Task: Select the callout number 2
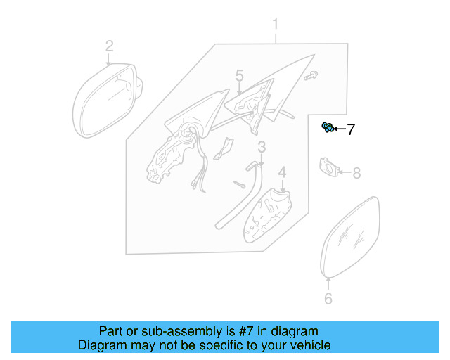[x=109, y=46]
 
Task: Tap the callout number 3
[x=261, y=147]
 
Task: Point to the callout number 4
[x=282, y=172]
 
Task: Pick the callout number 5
[x=239, y=75]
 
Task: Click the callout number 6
[x=328, y=300]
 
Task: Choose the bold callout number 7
[x=349, y=129]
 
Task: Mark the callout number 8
[x=356, y=172]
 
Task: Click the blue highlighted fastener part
[x=327, y=127]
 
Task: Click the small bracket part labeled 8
[x=328, y=167]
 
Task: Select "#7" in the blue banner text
[x=233, y=331]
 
